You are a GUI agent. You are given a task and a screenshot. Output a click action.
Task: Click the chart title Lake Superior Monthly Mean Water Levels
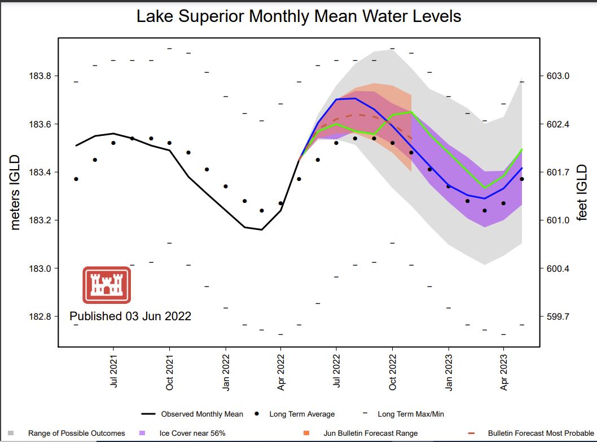[298, 16]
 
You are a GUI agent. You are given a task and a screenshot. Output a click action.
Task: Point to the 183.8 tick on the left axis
[39, 76]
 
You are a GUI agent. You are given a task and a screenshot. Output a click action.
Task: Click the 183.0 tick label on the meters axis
[39, 268]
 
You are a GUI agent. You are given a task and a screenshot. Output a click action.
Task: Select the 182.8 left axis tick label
[39, 317]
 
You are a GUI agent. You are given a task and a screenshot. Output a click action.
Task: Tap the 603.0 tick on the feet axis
[558, 76]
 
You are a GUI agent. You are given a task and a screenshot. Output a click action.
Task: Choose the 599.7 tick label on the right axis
[558, 317]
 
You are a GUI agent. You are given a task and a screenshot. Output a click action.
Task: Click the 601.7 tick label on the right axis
[558, 173]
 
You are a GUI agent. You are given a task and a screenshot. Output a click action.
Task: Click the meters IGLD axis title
[15, 192]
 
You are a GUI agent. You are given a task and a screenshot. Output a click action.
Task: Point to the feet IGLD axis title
[582, 192]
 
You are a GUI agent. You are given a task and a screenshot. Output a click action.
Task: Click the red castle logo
[107, 285]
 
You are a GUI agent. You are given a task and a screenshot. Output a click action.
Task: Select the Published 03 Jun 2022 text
[130, 316]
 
